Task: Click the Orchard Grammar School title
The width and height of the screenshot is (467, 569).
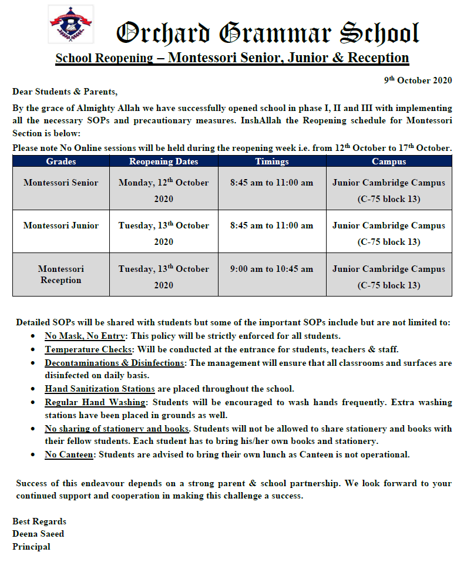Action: click(267, 33)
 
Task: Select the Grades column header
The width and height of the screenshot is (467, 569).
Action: click(61, 161)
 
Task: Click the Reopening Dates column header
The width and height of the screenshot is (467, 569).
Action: click(163, 161)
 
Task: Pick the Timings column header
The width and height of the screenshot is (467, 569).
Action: click(272, 161)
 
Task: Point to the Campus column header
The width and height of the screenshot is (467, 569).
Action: click(388, 161)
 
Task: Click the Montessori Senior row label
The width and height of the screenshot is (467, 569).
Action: click(61, 183)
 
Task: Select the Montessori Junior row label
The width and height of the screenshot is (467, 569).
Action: click(61, 225)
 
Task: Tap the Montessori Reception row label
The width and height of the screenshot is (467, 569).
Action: click(61, 274)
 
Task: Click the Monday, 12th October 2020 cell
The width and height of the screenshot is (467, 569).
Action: click(163, 190)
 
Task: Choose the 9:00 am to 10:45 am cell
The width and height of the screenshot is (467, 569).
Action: click(272, 269)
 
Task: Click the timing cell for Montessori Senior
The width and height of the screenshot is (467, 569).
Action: click(272, 183)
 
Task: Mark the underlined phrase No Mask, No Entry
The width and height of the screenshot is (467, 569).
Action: click(85, 336)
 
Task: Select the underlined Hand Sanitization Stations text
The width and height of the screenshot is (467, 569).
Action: click(100, 389)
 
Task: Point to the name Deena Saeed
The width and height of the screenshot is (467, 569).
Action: click(38, 534)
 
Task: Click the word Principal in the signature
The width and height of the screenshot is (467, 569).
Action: click(31, 547)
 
